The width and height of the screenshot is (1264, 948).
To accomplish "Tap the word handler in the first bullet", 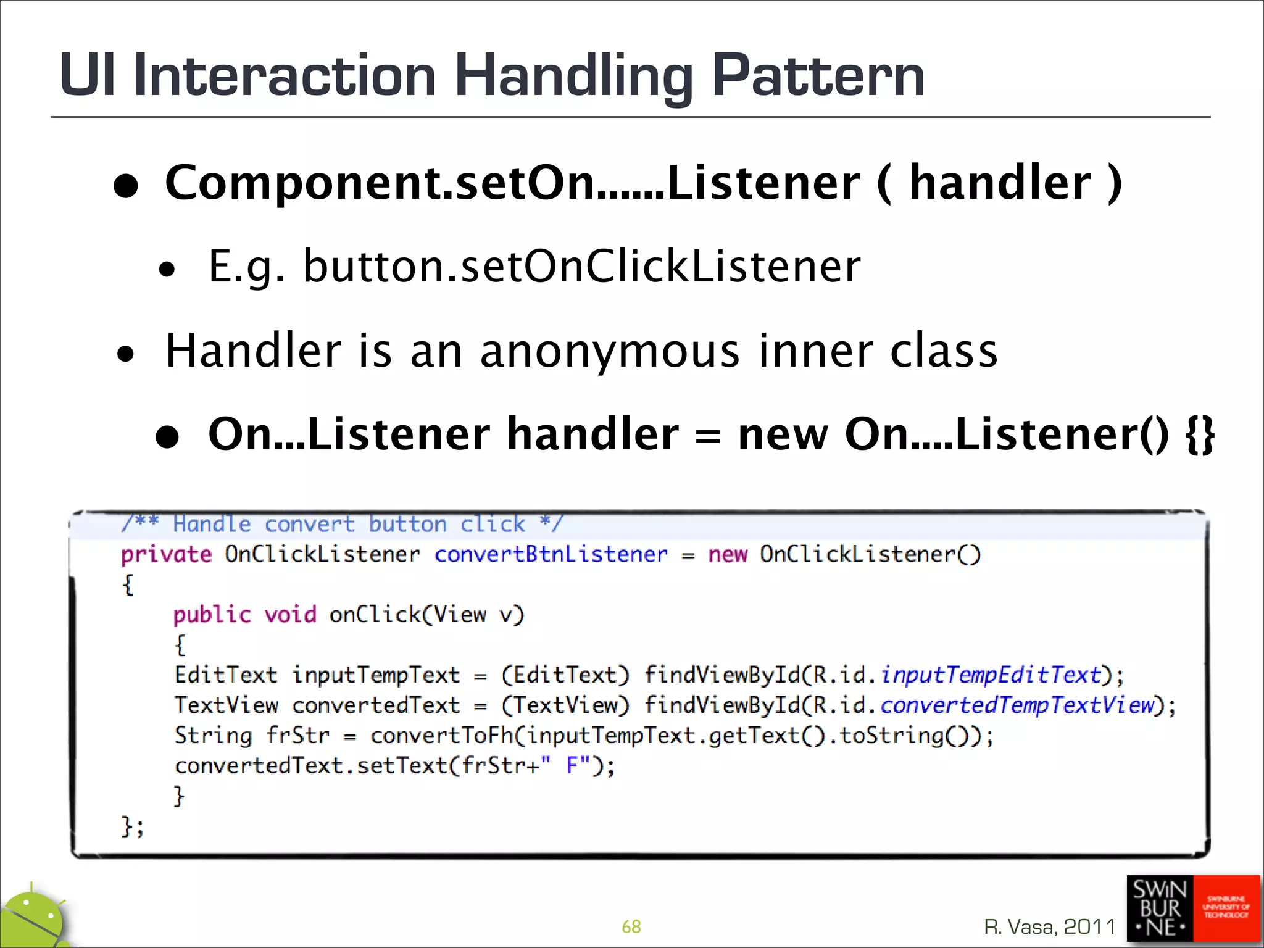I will pos(1000,183).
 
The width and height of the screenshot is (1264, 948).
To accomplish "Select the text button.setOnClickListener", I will pos(581,267).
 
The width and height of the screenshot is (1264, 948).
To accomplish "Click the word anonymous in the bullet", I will pos(609,351).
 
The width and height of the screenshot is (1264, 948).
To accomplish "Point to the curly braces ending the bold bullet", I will pos(1199,434).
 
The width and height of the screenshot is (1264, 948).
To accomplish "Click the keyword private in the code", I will pos(166,554).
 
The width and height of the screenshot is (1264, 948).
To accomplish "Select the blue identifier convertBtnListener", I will pos(551,554).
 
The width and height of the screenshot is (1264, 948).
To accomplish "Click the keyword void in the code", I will pos(290,615).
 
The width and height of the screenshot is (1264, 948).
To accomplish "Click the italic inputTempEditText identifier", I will pos(991,675).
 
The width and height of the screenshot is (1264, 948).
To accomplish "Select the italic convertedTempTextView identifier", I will pos(1017,705).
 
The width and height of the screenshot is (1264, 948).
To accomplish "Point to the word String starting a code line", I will pos(213,735).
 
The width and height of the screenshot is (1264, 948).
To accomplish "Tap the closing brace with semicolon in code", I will pos(132,826).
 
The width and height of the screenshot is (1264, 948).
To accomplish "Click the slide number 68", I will pos(631,926).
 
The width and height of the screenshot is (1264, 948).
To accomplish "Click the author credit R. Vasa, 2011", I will pos(1050,926).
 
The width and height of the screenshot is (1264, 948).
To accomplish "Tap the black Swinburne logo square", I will pos(1160,908).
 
